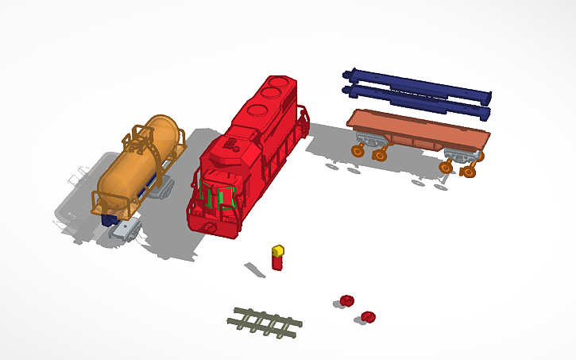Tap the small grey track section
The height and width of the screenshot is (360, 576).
265,323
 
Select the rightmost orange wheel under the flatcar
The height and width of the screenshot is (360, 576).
468,171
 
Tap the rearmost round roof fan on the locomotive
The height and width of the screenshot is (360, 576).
279,83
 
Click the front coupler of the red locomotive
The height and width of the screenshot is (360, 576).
210,227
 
